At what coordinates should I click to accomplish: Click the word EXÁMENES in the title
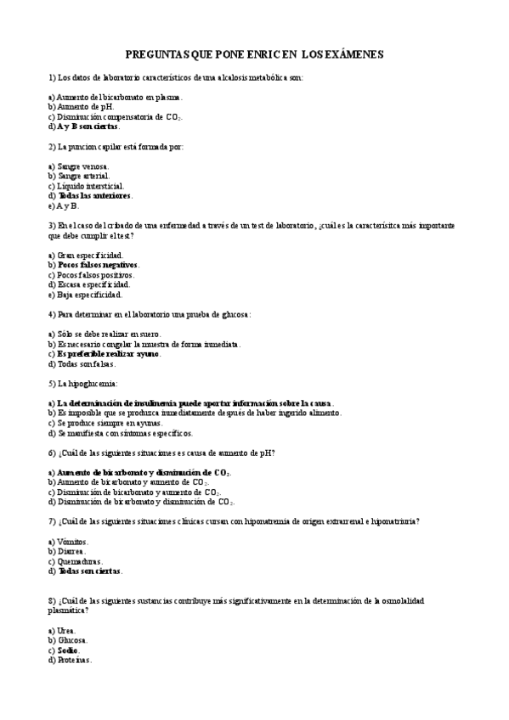(x=355, y=53)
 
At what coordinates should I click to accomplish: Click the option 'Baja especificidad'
(x=89, y=295)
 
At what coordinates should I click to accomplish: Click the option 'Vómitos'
(x=72, y=542)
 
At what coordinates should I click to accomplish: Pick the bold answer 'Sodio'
(x=68, y=650)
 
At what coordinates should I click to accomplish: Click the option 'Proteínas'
(x=73, y=660)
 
